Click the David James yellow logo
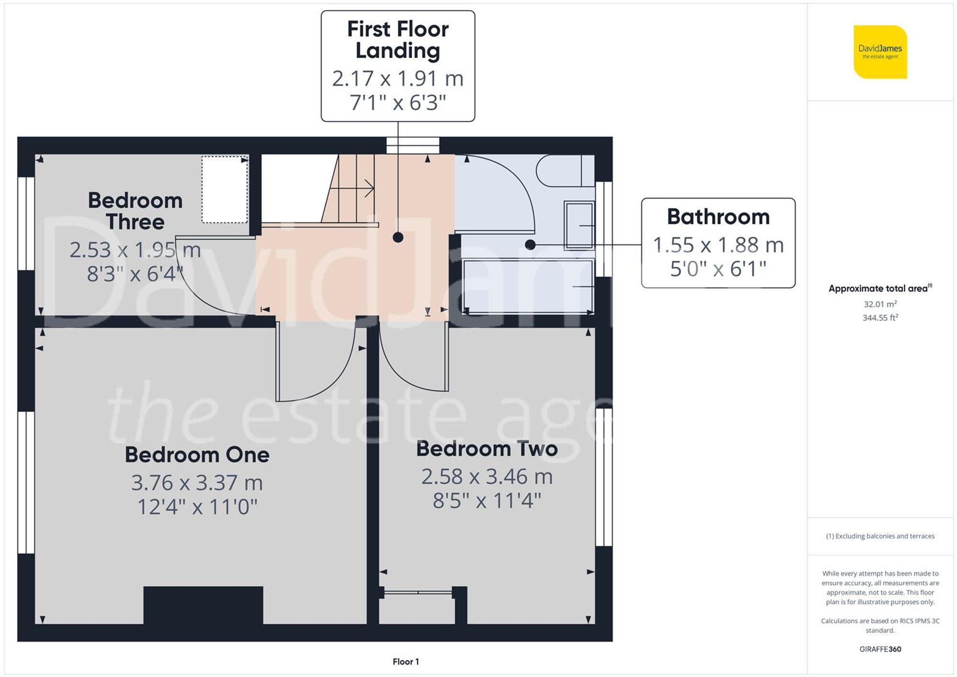point(880,52)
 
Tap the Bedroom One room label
point(197,455)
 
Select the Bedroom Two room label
point(487,449)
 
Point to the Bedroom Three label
point(135,211)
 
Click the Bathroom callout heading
point(718,217)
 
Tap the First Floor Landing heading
point(398,40)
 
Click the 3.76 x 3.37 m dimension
point(197,483)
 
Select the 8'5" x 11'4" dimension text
point(487,501)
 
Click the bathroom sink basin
point(579,225)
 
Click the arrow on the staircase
point(368,188)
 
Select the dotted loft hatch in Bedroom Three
point(224,189)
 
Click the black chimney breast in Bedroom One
point(203,605)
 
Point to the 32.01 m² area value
point(880,304)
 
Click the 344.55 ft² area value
point(880,318)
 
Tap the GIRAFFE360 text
point(880,649)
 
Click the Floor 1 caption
point(405,662)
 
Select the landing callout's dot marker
point(398,237)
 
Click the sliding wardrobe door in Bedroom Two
point(418,593)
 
